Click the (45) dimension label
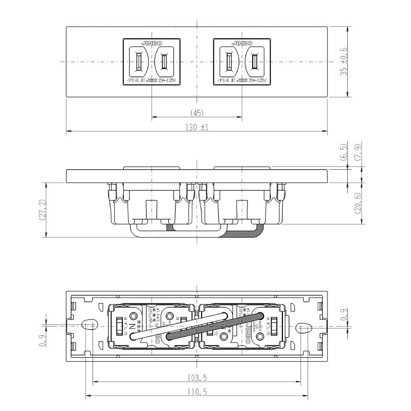point(197,113)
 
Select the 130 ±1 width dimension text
point(197,127)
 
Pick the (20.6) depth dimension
point(357,203)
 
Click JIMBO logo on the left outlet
point(151,43)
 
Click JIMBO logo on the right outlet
point(241,43)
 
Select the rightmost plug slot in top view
point(254,61)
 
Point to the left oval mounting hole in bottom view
point(89,326)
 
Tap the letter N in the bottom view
point(132,328)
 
